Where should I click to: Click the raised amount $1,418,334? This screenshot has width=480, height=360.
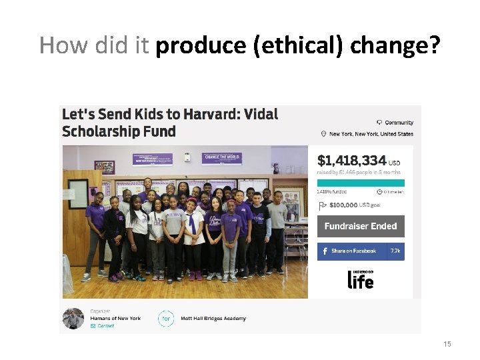(351, 160)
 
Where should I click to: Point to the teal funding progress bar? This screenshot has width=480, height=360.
(361, 181)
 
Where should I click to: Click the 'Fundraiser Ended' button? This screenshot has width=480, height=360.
(361, 226)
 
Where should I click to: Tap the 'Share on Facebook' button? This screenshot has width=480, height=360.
(353, 251)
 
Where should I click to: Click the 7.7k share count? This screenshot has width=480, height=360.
(395, 251)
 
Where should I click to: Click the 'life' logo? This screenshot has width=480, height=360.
(361, 279)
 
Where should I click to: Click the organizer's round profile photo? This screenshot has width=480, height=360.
(73, 319)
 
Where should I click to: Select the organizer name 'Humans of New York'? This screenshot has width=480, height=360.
(115, 318)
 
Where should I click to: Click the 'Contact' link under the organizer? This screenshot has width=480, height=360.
(105, 326)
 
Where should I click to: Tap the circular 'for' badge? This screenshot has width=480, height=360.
(167, 319)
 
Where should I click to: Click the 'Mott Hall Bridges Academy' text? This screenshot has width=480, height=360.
(213, 319)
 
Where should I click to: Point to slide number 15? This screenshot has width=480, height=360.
(447, 344)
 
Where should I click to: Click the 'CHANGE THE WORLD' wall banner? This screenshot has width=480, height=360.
(221, 158)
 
